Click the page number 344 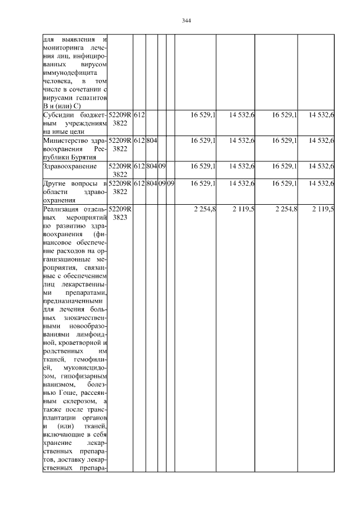point(187,21)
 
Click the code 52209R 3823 point(120,213)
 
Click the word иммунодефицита point(70,73)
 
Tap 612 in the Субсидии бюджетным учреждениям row point(139,115)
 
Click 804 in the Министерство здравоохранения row point(151,141)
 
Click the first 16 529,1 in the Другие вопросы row point(204,183)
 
